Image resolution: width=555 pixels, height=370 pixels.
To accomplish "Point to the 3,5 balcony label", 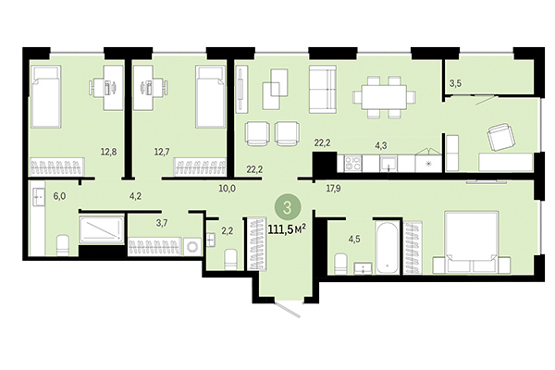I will (x=454, y=84).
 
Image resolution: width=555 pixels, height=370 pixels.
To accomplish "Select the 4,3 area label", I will (x=380, y=144).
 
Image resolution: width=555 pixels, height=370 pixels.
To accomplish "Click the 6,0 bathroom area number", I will (x=59, y=196).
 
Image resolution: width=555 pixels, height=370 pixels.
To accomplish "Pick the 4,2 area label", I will (x=135, y=195).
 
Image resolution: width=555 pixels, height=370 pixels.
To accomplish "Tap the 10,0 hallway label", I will (x=227, y=188).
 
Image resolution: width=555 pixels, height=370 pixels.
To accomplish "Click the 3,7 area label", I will (x=135, y=223).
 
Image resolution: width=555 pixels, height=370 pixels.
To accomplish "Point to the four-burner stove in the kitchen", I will (x=353, y=164).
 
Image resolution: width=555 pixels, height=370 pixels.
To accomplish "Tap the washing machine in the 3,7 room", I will (x=192, y=248).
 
